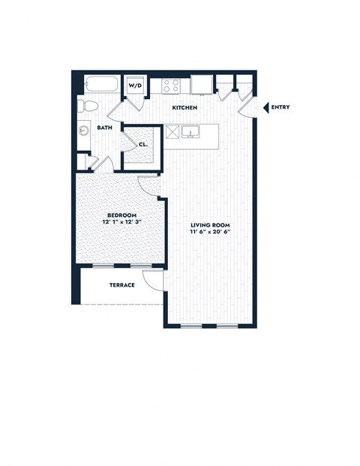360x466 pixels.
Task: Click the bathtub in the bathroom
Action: coord(100,84)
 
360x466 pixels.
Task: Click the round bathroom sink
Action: coord(84,131)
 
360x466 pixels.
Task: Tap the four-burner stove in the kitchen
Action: coord(171,86)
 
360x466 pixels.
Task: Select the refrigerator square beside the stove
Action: coord(200,84)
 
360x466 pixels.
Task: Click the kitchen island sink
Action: coord(193,133)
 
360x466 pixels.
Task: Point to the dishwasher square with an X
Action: coord(172,133)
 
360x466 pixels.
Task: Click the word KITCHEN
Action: coord(184,108)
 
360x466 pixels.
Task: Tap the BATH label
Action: coord(104,128)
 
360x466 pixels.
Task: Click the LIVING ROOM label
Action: coord(209,225)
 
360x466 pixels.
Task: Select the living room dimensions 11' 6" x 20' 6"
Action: coord(209,233)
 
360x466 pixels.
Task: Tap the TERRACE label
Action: coord(121,285)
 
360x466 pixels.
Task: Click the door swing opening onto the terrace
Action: coord(153,281)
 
